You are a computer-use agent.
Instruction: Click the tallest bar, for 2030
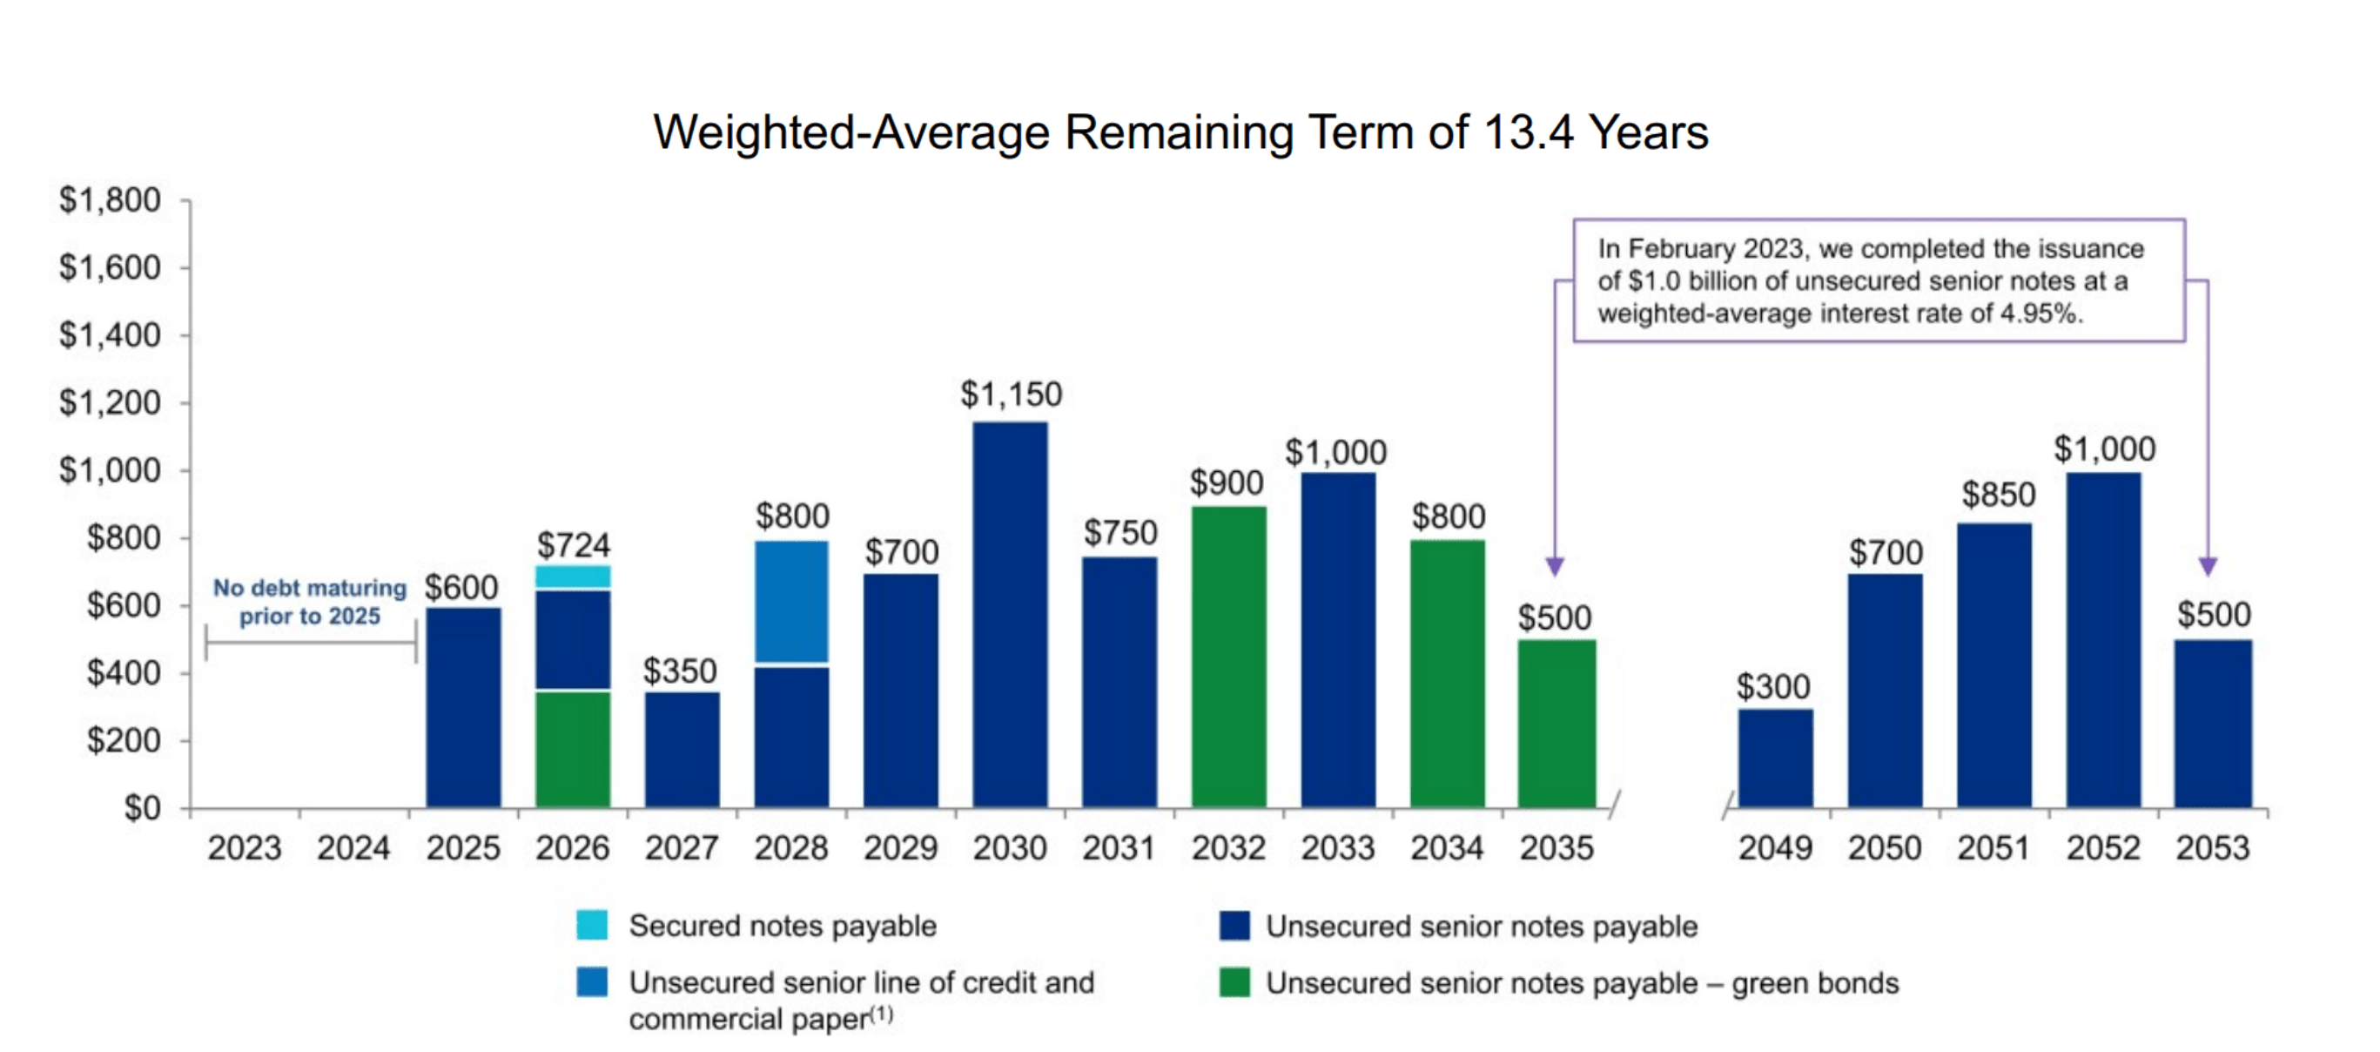1010,615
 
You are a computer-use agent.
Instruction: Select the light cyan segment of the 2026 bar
573,577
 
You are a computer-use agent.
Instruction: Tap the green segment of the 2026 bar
573,749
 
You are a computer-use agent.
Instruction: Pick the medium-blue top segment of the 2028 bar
791,601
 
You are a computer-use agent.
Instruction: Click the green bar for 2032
1229,657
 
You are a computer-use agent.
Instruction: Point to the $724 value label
573,545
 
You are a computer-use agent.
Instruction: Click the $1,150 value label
1011,394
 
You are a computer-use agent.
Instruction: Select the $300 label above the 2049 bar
1772,687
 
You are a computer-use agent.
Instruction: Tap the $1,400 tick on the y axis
109,334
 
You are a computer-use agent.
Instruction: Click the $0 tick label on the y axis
141,808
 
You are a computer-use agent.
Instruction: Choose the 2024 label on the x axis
353,847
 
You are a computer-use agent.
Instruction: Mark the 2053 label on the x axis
2212,847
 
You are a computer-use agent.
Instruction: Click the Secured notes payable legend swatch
591,925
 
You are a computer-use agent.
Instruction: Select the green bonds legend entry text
1582,982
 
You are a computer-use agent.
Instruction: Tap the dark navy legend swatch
1234,926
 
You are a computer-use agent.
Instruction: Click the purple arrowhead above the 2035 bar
1555,566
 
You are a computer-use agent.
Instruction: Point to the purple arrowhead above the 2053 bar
2208,566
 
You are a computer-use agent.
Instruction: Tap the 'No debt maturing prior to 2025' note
310,602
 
